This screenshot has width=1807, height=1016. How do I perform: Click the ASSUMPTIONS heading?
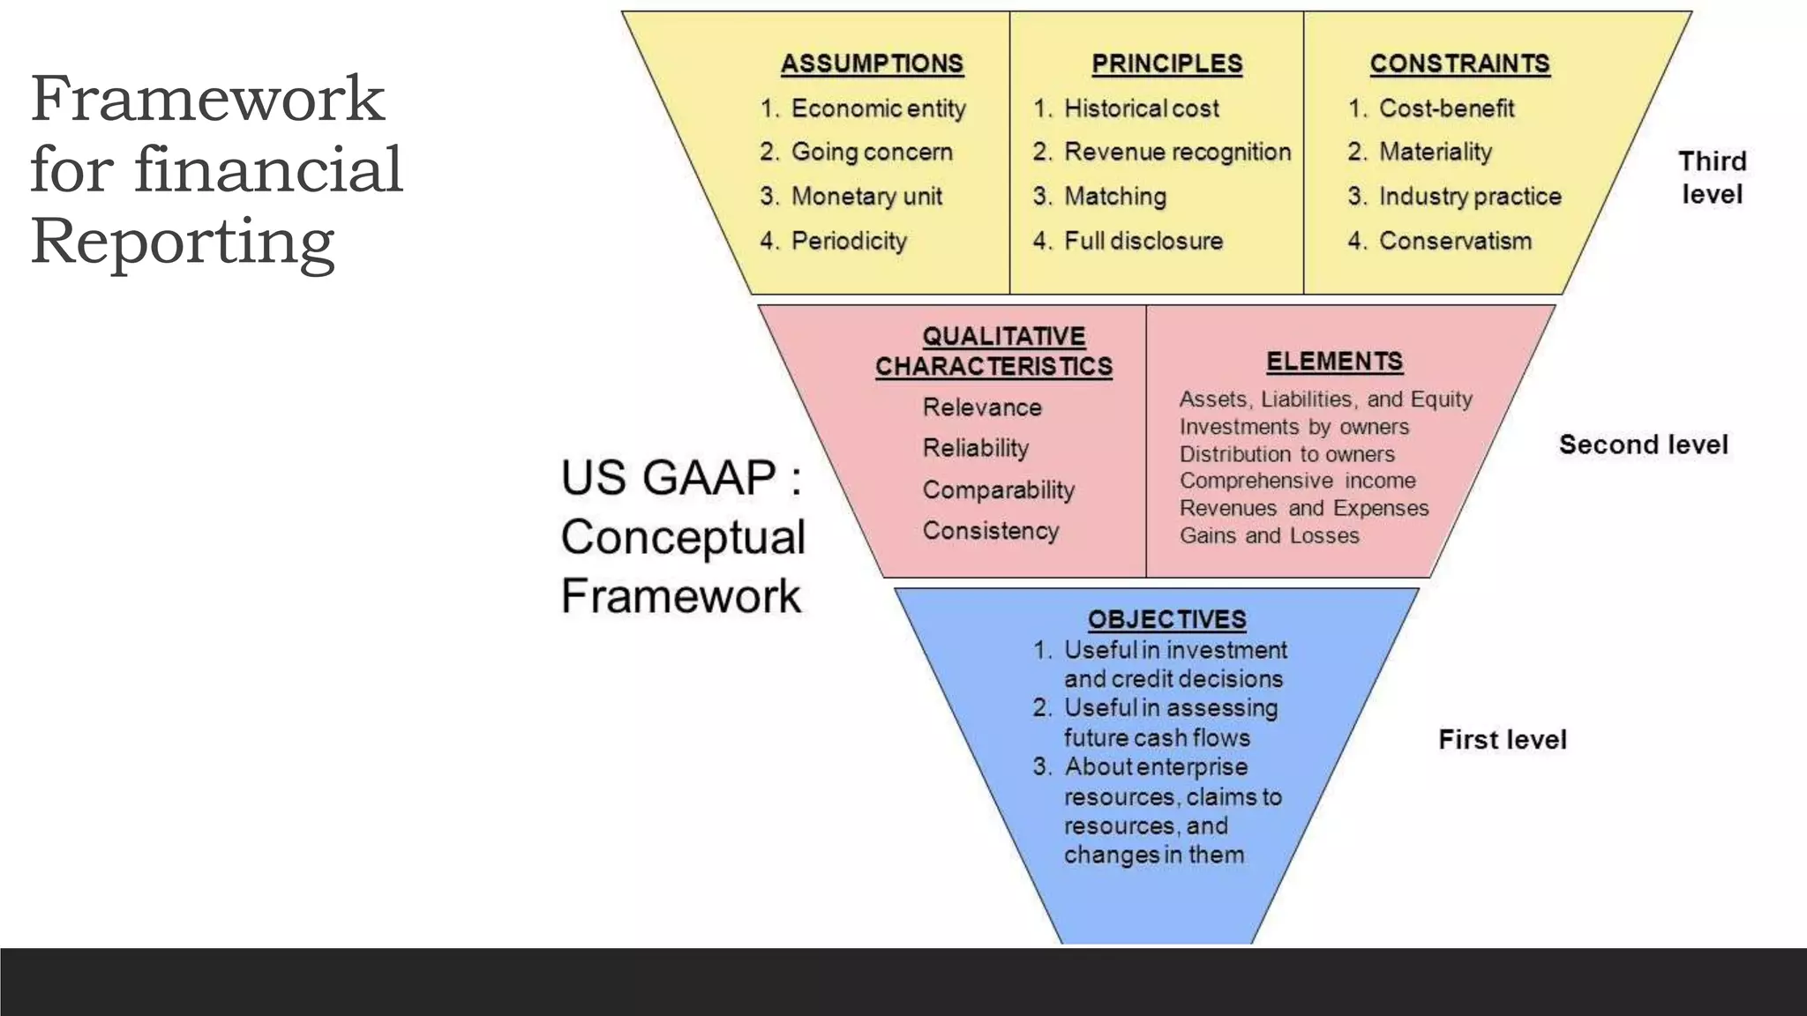coord(872,64)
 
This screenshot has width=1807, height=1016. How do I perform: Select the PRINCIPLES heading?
coord(1166,64)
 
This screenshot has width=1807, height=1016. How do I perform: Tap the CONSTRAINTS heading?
coord(1459,64)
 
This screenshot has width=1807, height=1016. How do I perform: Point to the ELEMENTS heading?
coord(1334,362)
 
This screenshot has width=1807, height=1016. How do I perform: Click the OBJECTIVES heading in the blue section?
coord(1166,620)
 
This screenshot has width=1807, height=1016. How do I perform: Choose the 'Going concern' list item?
coord(871,152)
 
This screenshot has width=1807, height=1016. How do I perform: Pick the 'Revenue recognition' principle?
coord(1177,152)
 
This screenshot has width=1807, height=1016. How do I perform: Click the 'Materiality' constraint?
coord(1435,152)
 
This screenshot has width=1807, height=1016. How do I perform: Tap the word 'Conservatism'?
coord(1455,241)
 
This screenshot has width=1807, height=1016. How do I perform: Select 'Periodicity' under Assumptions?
coord(849,241)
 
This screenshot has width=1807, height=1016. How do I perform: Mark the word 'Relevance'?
coord(982,407)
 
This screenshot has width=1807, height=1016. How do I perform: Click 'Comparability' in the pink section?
coord(998,489)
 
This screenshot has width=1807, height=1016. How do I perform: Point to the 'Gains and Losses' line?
coord(1269,535)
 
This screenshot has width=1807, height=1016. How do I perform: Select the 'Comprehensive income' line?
coord(1297,481)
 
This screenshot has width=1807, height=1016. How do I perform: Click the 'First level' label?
coord(1502,739)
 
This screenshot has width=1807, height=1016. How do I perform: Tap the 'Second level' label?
coord(1643,444)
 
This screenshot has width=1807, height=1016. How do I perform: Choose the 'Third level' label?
coord(1712,177)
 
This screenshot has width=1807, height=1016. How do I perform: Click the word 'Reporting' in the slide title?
coord(183,241)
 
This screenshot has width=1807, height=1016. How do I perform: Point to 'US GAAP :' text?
coord(681,478)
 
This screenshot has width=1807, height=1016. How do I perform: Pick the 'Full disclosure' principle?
coord(1143,241)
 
